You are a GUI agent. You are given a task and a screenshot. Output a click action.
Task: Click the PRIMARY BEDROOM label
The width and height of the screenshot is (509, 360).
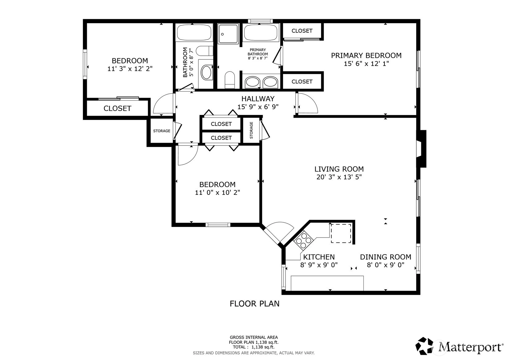coord(366,55)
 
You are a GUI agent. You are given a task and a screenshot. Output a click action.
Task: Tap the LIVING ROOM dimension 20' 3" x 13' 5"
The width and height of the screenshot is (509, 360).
coord(339,177)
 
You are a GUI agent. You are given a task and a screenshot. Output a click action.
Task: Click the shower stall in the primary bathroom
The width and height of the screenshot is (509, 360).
coord(228,34)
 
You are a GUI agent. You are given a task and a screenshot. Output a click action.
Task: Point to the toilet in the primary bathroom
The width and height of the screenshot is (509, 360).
coord(230,80)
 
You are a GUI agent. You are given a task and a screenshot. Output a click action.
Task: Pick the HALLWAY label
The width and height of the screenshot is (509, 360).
coord(258,99)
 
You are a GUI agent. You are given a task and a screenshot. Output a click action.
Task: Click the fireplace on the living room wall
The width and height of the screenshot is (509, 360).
coord(421,149)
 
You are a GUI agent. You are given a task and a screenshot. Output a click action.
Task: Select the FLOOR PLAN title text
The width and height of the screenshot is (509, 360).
coord(255,304)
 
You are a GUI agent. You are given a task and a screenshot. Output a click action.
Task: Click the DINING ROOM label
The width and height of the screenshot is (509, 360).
coord(386,257)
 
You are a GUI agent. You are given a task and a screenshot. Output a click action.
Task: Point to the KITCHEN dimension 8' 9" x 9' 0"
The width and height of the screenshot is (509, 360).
coord(319,265)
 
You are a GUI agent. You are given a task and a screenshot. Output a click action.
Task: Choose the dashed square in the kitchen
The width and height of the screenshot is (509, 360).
coord(341,234)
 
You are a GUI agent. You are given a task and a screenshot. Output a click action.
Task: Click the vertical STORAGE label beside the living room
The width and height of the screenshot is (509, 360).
coord(251,130)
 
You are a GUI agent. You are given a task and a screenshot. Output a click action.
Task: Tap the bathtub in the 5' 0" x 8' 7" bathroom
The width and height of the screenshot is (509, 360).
coord(194,32)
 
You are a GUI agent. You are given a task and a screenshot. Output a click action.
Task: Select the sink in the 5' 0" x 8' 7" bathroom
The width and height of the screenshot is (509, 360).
coord(206,72)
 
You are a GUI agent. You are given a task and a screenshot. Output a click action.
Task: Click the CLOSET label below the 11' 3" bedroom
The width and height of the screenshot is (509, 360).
coord(117,109)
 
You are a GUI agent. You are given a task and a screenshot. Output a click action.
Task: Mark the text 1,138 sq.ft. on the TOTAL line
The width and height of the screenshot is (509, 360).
coord(263,347)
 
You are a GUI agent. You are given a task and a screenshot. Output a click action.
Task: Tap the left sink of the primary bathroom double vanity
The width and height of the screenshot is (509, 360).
coord(252,82)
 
